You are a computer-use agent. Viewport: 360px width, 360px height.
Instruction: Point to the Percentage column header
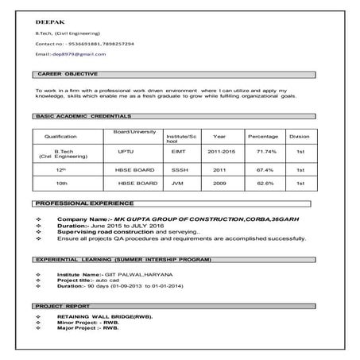pos(263,136)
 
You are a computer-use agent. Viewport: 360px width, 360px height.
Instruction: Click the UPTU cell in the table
pos(126,150)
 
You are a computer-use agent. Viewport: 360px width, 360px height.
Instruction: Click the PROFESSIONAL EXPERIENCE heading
pos(83,203)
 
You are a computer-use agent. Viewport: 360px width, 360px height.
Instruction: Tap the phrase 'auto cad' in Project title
pos(106,280)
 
